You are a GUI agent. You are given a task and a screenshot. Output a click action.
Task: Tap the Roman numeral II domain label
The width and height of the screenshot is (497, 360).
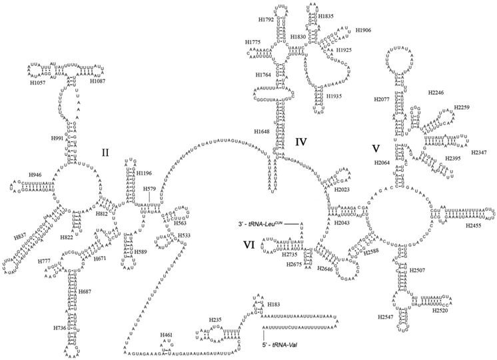tap(105, 152)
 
